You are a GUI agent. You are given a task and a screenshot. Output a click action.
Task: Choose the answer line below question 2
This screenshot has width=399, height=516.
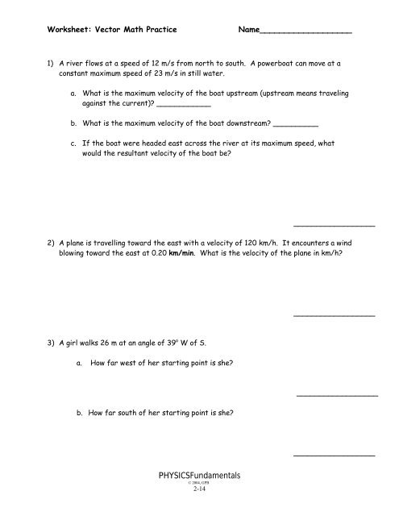pyautogui.click(x=335, y=315)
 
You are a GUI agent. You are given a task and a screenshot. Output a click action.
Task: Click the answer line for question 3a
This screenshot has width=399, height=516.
pyautogui.click(x=337, y=395)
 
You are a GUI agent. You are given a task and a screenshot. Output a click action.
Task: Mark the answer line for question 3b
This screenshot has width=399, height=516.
pyautogui.click(x=335, y=456)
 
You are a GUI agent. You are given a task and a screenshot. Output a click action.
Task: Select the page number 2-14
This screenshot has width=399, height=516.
pyautogui.click(x=199, y=497)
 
